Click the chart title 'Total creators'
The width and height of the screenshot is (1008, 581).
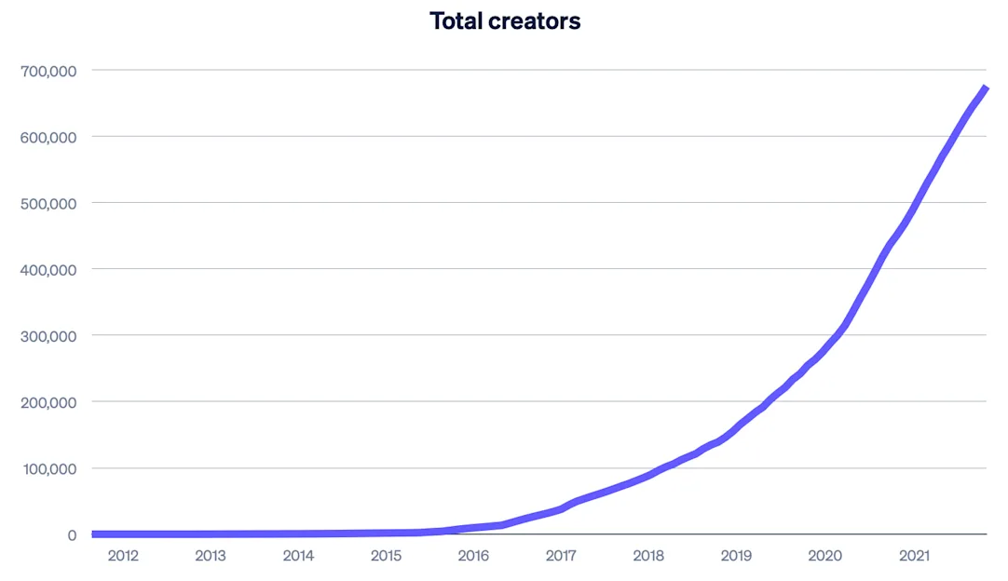point(505,20)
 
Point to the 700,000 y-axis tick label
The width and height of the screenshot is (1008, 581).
point(48,70)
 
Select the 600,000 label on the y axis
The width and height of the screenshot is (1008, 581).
point(48,137)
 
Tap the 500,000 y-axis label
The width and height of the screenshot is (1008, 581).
point(48,203)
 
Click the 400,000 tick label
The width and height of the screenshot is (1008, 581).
point(48,270)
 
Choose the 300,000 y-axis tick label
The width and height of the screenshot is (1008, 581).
point(48,336)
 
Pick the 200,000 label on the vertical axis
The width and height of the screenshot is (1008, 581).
point(48,402)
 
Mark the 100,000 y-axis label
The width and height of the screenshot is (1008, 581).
point(48,468)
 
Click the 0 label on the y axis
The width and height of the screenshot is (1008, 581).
point(71,535)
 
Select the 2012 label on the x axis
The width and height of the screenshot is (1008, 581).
point(123,556)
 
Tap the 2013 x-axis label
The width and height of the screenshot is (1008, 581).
point(211,556)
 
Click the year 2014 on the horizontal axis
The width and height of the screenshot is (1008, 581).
point(298,556)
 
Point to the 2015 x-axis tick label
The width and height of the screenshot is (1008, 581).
point(386,556)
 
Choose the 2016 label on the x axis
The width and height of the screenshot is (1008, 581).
point(473,556)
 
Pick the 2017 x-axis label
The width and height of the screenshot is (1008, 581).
point(561,556)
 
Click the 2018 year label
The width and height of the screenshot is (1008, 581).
point(648,556)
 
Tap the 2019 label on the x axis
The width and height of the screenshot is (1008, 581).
point(736,556)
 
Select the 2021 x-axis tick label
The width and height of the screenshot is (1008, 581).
point(913,556)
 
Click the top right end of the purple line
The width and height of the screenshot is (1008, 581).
point(985,88)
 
